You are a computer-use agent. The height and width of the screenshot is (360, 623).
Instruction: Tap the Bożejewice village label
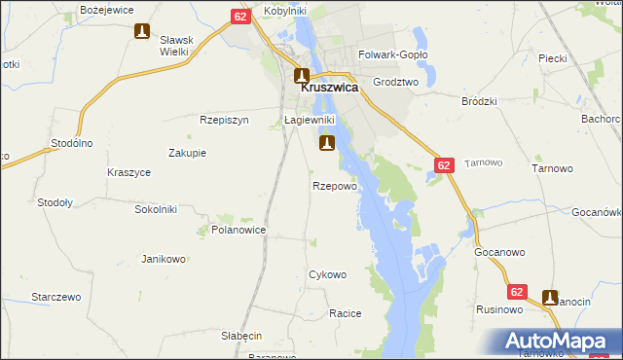coord(107,9)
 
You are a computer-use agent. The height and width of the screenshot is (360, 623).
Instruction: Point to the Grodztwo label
coord(394,83)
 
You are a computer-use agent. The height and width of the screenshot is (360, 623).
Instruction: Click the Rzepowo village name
coord(335,185)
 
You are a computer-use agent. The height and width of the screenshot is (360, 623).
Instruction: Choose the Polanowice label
coord(238,231)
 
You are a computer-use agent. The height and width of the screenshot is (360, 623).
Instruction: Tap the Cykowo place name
coord(327,274)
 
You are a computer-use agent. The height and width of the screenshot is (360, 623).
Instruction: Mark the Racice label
coord(346,313)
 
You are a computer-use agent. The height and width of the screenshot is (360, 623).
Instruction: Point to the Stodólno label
coord(71,143)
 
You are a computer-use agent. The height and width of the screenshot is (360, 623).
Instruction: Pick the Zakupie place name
coord(187,153)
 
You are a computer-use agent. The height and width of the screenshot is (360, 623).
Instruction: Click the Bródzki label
coord(480,100)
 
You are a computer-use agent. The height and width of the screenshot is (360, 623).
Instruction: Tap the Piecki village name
coord(552,58)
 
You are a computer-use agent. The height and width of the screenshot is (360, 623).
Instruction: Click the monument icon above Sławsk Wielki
coord(143,31)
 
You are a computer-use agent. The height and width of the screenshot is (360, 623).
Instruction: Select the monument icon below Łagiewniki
coord(326,144)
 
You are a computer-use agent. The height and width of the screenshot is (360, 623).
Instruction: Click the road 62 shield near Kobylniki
coord(242,17)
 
